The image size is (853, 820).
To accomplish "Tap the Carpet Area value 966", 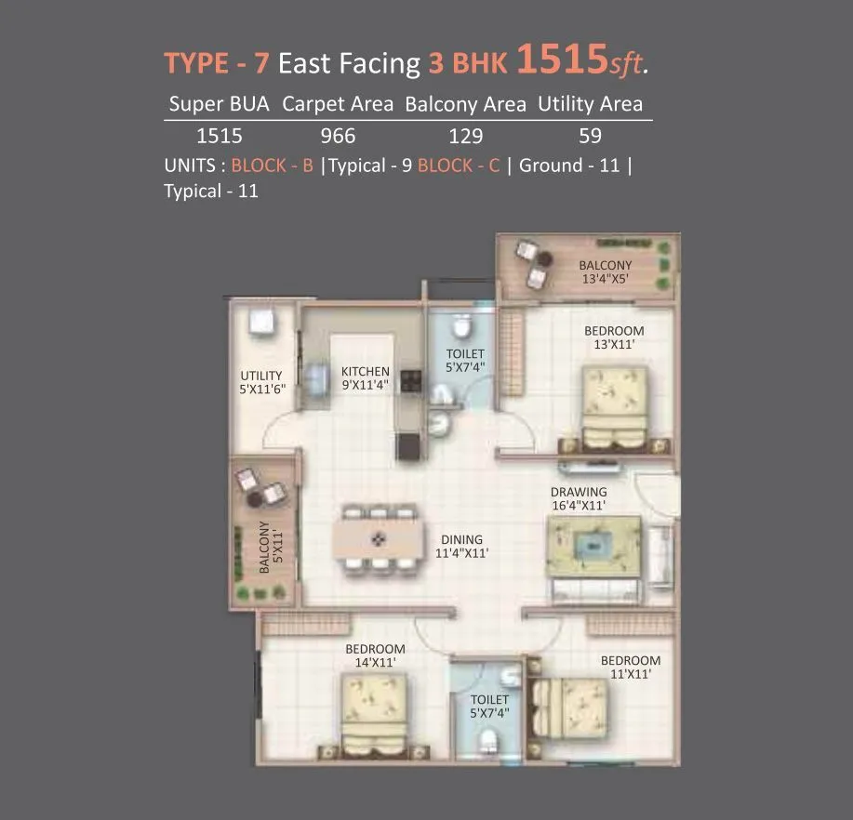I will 338,136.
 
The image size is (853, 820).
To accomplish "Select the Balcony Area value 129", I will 465,136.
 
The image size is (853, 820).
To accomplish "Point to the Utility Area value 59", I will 590,136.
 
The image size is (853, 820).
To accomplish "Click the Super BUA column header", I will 220,104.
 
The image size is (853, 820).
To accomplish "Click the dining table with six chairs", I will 379,538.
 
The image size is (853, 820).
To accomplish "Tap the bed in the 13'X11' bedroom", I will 615,402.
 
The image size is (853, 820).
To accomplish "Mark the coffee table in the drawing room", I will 593,544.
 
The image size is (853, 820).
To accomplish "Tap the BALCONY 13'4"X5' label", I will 606,271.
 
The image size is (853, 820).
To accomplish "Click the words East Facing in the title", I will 350,63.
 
